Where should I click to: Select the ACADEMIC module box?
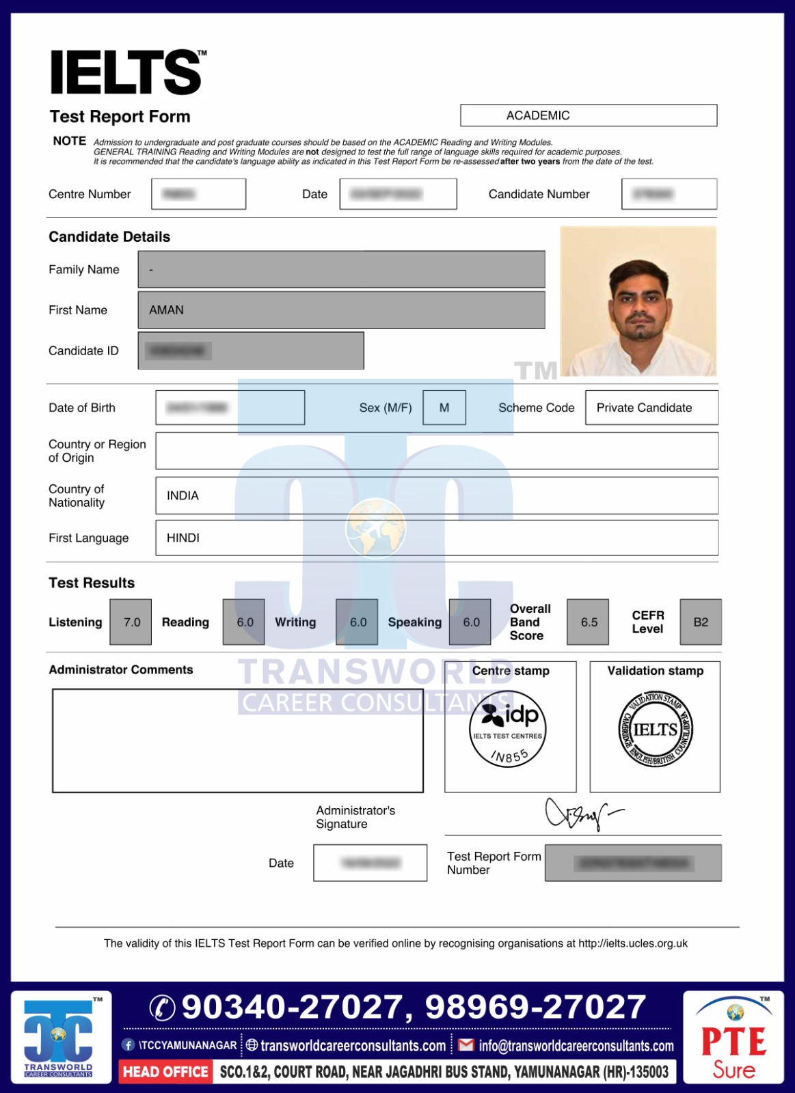click(588, 115)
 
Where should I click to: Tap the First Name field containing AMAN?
click(341, 310)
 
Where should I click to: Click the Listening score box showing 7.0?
click(131, 622)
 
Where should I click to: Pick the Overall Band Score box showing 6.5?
click(588, 622)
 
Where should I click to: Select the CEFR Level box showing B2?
click(701, 622)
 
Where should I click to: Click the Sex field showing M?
click(444, 408)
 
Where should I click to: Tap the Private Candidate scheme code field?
click(651, 408)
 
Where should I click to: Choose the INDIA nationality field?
click(436, 495)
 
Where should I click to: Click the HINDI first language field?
click(436, 538)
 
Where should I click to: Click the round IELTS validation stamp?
click(656, 729)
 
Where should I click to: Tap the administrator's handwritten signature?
click(581, 813)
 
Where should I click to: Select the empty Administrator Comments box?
click(237, 741)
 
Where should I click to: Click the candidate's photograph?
click(638, 301)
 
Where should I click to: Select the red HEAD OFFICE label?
click(165, 1072)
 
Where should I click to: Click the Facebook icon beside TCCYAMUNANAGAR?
click(129, 1045)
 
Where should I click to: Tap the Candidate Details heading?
click(109, 237)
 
